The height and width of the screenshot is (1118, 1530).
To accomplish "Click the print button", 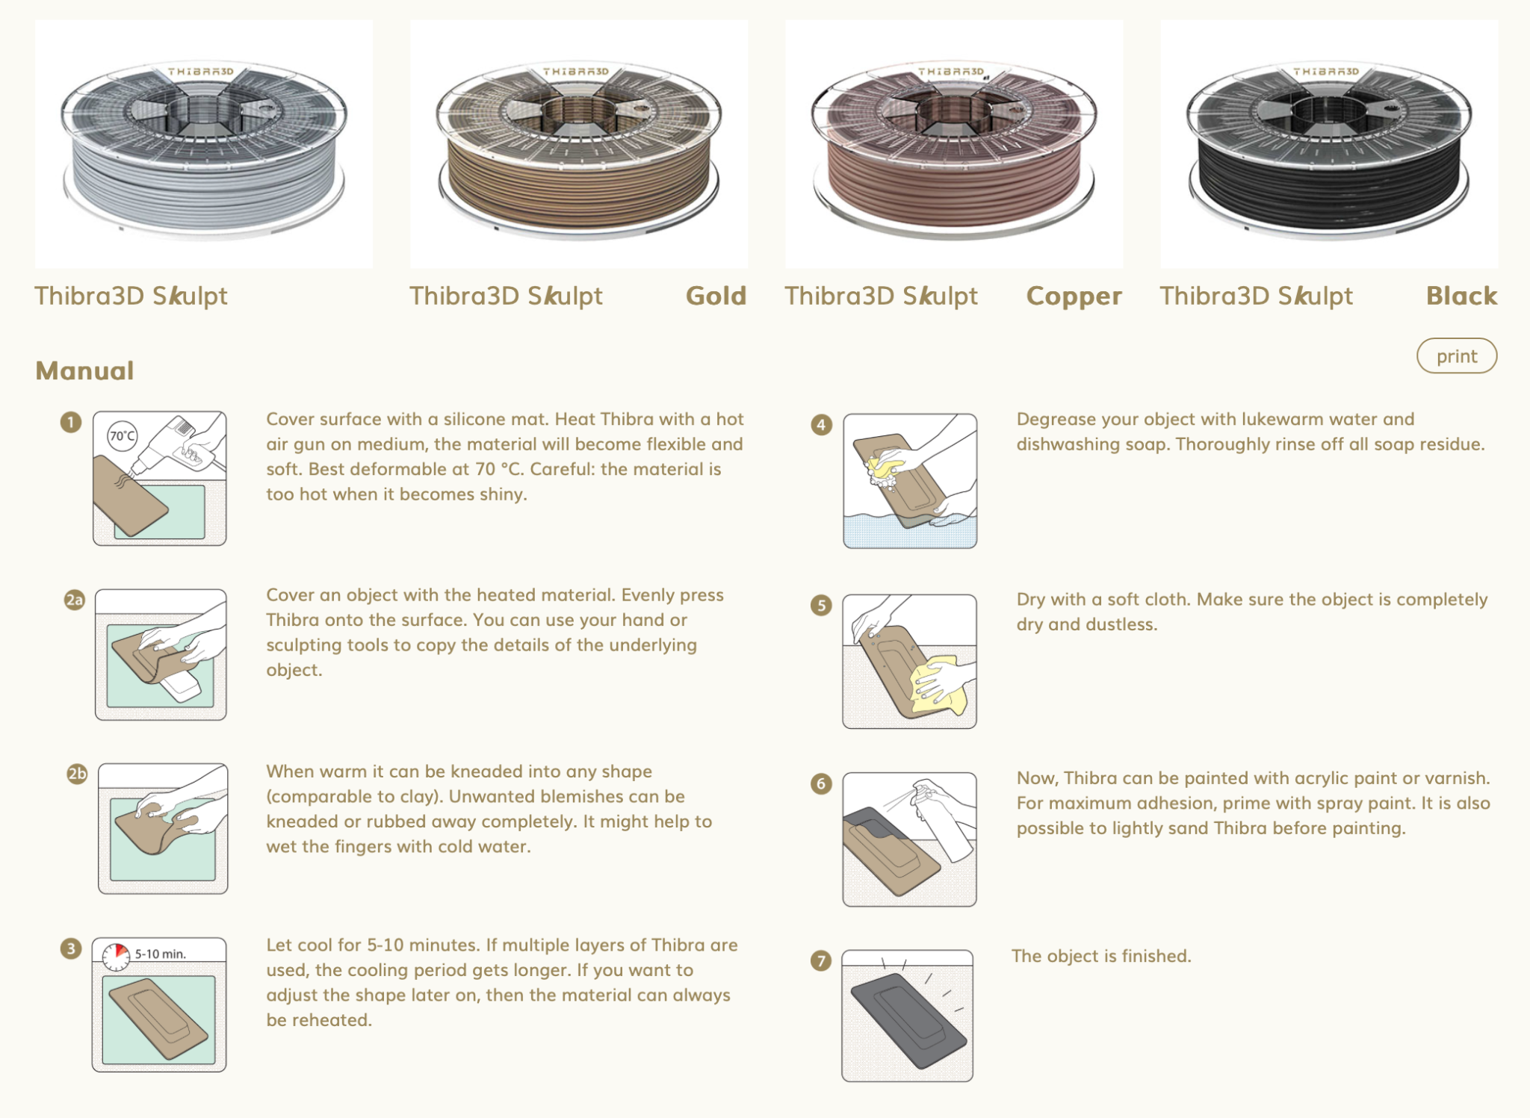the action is (1456, 356).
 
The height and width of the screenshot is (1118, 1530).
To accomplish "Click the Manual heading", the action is (85, 371).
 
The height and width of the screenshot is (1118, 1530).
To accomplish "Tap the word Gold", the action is (716, 296).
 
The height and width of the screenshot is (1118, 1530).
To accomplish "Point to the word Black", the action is (1461, 296).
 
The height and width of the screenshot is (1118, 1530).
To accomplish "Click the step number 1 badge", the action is (71, 423).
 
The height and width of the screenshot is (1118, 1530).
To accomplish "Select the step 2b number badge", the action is (77, 774).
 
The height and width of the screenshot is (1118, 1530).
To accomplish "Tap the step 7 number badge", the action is (821, 960).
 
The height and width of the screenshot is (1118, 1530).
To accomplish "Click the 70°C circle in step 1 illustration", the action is (123, 435).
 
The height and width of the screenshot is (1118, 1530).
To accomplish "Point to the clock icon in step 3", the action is (117, 956).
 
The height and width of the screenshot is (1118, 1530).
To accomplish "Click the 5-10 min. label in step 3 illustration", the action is (161, 954).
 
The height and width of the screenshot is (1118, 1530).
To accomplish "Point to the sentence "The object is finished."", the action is (1101, 957).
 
